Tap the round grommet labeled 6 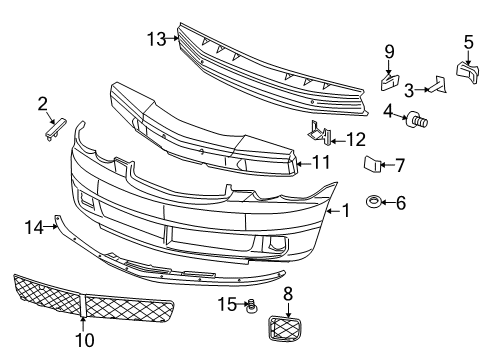click(x=372, y=204)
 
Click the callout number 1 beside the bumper click(x=346, y=211)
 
